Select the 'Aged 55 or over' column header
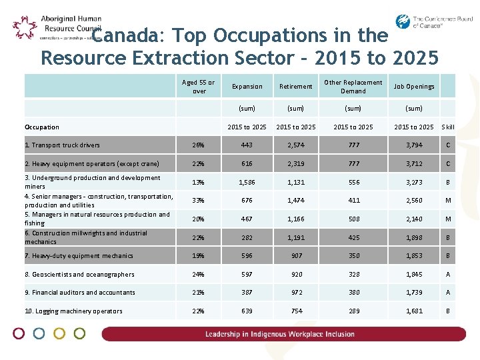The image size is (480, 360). click(199, 87)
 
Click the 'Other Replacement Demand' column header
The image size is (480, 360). click(353, 87)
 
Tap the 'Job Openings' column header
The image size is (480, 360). click(413, 87)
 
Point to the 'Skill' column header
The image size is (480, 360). click(448, 127)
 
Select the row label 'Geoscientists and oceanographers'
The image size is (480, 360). click(79, 274)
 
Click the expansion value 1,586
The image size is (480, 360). click(247, 182)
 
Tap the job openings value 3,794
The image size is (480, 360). click(413, 145)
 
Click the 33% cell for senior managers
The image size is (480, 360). click(198, 201)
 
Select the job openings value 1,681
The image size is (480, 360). click(413, 311)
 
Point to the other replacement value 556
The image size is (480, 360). click(353, 182)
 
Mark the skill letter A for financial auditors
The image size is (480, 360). click(448, 293)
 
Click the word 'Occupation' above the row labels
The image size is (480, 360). click(41, 127)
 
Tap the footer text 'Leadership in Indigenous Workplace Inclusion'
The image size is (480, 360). click(280, 334)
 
